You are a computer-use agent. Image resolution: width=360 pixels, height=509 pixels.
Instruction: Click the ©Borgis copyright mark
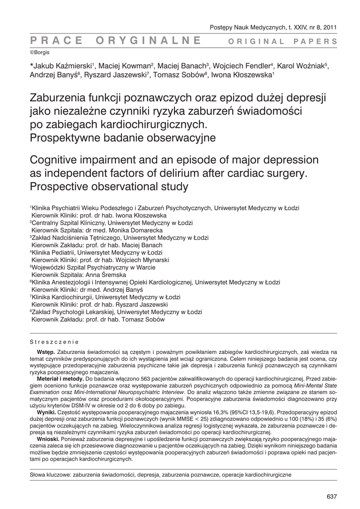coord(40,52)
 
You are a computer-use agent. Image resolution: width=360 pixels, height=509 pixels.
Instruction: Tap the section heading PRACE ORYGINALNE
coord(115,41)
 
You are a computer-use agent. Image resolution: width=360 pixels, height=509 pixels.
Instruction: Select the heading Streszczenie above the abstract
coord(55,342)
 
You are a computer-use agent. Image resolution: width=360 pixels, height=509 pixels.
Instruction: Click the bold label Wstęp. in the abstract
coord(47,351)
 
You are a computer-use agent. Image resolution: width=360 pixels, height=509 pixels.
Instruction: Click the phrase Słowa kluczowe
coord(51,475)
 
